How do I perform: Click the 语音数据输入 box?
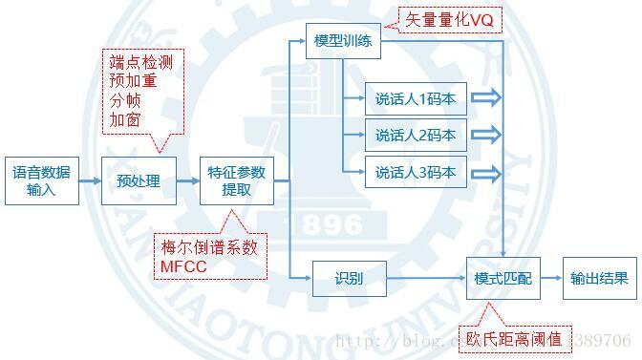pos(42,180)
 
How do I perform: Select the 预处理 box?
pos(139,180)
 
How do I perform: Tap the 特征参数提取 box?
pos(237,180)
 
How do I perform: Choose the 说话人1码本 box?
pos(415,97)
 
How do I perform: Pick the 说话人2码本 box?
pos(415,135)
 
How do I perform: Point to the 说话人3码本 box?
pos(415,173)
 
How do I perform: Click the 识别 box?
pos(349,279)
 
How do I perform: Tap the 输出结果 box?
pos(599,279)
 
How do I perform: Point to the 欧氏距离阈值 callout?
pos(517,339)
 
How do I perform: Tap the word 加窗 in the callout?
pos(124,121)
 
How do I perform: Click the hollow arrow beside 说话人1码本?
pos(486,97)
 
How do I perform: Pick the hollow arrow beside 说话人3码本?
pos(486,173)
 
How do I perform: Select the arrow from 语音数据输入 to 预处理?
pos(90,180)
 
